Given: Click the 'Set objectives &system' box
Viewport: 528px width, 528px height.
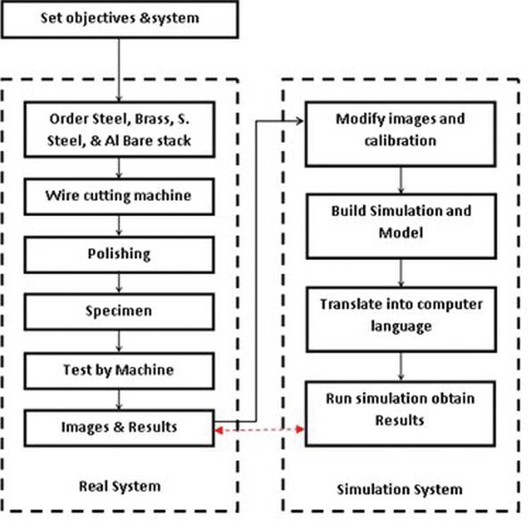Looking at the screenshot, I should [x=120, y=19].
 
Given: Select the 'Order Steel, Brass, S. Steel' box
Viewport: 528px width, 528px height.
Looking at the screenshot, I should [x=120, y=130].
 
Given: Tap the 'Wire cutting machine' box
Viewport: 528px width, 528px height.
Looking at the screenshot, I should [x=120, y=194].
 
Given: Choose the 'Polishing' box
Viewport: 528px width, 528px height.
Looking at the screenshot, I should [x=120, y=255].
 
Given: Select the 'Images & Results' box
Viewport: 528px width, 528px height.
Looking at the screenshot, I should [x=120, y=427].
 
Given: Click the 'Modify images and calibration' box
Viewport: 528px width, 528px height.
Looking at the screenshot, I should [x=399, y=130].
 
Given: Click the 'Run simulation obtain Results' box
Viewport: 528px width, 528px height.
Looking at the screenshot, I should [x=399, y=408].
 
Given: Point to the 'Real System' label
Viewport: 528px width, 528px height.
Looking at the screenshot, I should [x=120, y=486].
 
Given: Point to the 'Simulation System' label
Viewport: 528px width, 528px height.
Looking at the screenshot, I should [x=399, y=489].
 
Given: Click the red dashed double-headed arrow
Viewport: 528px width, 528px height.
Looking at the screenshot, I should [x=260, y=432].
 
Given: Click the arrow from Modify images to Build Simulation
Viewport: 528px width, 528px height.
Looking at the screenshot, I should [x=400, y=178].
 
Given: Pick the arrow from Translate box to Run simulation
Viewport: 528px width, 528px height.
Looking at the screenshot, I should [x=400, y=363].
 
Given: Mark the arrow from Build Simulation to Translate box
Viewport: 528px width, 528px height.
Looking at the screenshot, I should [x=400, y=270].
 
